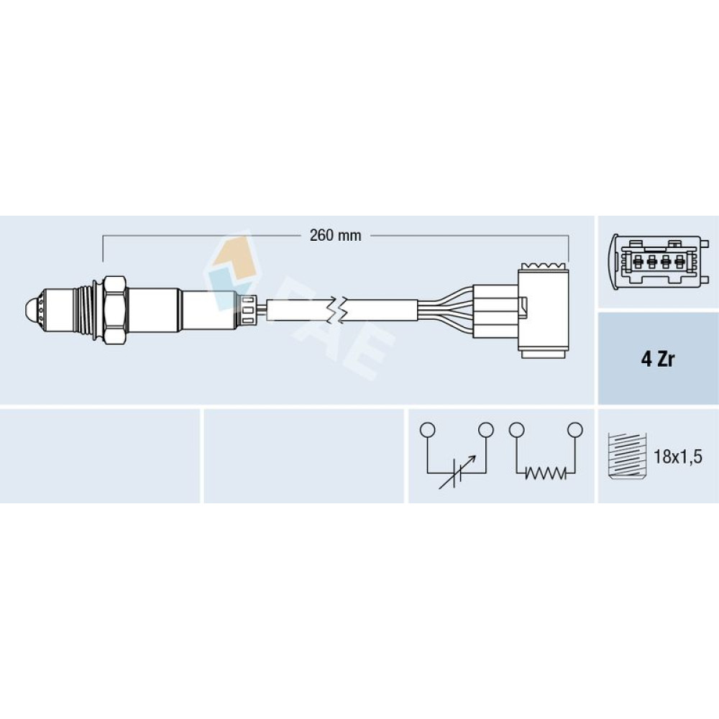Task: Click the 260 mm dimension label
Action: point(335,236)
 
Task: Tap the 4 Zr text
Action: point(658,359)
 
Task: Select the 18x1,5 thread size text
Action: point(677,457)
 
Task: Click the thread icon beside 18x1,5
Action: point(626,457)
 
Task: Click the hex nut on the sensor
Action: point(115,310)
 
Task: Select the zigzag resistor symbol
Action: point(546,473)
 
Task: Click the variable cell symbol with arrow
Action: point(457,473)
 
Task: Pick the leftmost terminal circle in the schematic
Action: point(427,430)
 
